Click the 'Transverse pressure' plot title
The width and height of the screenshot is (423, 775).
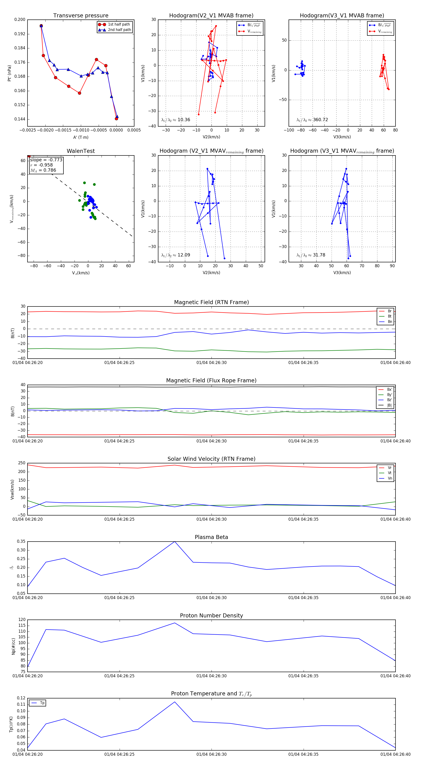tap(81, 16)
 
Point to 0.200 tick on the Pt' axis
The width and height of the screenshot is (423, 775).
tap(20, 19)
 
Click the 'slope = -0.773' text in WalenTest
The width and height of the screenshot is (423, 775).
tap(46, 160)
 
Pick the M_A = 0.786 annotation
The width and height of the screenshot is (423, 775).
tap(43, 170)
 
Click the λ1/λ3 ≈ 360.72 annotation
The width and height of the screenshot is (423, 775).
tap(312, 120)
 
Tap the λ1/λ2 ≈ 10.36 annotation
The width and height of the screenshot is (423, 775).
tap(176, 120)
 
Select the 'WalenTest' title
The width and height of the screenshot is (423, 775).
tap(81, 151)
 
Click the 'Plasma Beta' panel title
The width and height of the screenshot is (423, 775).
tap(211, 537)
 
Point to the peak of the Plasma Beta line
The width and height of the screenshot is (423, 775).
tap(175, 542)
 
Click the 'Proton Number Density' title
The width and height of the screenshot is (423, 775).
tap(211, 616)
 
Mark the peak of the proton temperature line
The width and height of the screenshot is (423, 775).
tap(175, 702)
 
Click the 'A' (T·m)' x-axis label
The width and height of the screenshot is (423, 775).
tap(81, 137)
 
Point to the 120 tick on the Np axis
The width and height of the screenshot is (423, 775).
tap(22, 620)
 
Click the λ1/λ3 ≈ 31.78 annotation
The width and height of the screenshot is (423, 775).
tap(311, 255)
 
